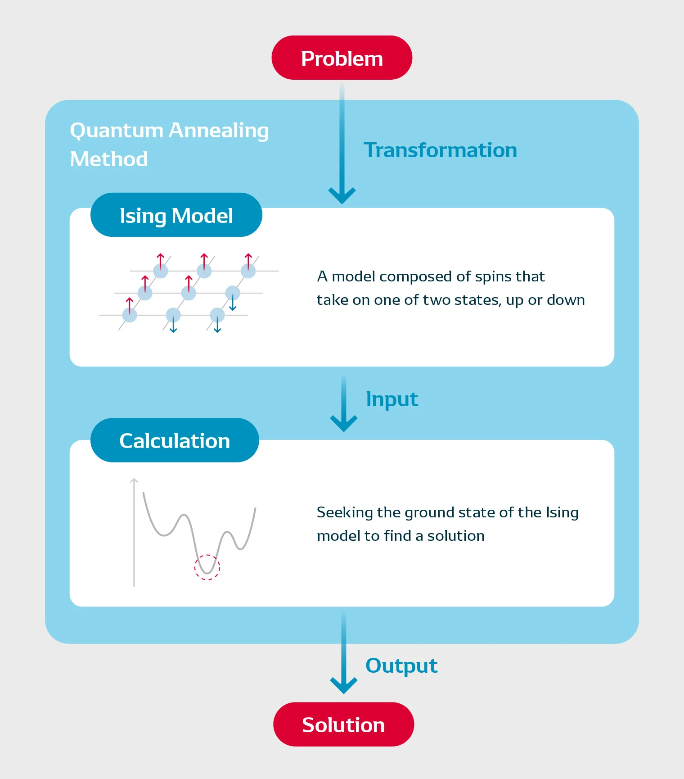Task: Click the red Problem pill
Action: click(x=342, y=58)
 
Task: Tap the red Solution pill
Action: click(x=343, y=724)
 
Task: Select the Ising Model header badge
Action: click(x=176, y=215)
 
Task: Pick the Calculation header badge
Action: click(x=175, y=440)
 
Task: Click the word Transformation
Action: click(x=440, y=150)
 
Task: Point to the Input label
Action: click(x=392, y=400)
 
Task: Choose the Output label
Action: click(x=401, y=666)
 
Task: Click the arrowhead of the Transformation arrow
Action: click(x=342, y=196)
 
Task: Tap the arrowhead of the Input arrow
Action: click(x=344, y=424)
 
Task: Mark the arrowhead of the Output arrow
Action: click(x=344, y=686)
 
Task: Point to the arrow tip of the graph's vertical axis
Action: click(x=134, y=479)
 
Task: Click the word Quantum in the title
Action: click(x=116, y=131)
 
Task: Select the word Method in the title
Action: click(x=109, y=159)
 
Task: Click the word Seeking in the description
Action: click(x=345, y=513)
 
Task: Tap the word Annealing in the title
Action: click(x=219, y=131)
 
